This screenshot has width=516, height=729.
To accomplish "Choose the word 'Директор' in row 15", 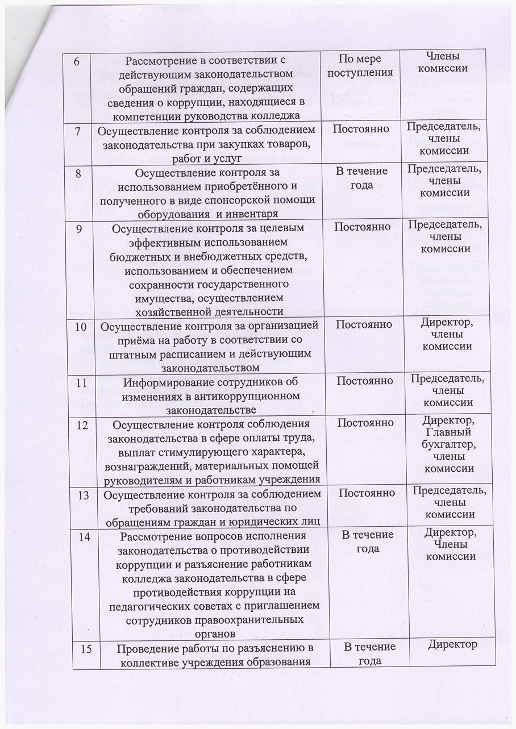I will pyautogui.click(x=452, y=645).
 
